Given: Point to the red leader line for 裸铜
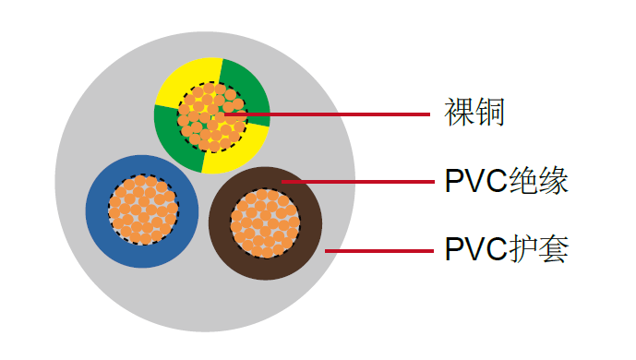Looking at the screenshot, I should click(x=351, y=115).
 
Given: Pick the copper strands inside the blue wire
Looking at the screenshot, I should click(x=142, y=210).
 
